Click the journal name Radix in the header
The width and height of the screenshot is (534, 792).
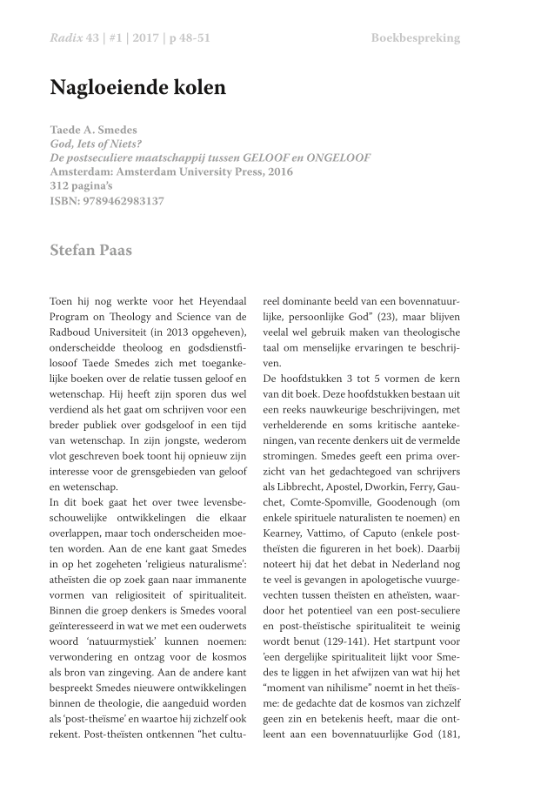(67, 38)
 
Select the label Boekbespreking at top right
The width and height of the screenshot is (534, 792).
(415, 38)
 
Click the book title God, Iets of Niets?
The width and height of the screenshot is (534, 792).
(97, 144)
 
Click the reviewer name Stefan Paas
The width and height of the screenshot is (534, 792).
(91, 252)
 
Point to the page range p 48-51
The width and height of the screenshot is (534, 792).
(184, 38)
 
